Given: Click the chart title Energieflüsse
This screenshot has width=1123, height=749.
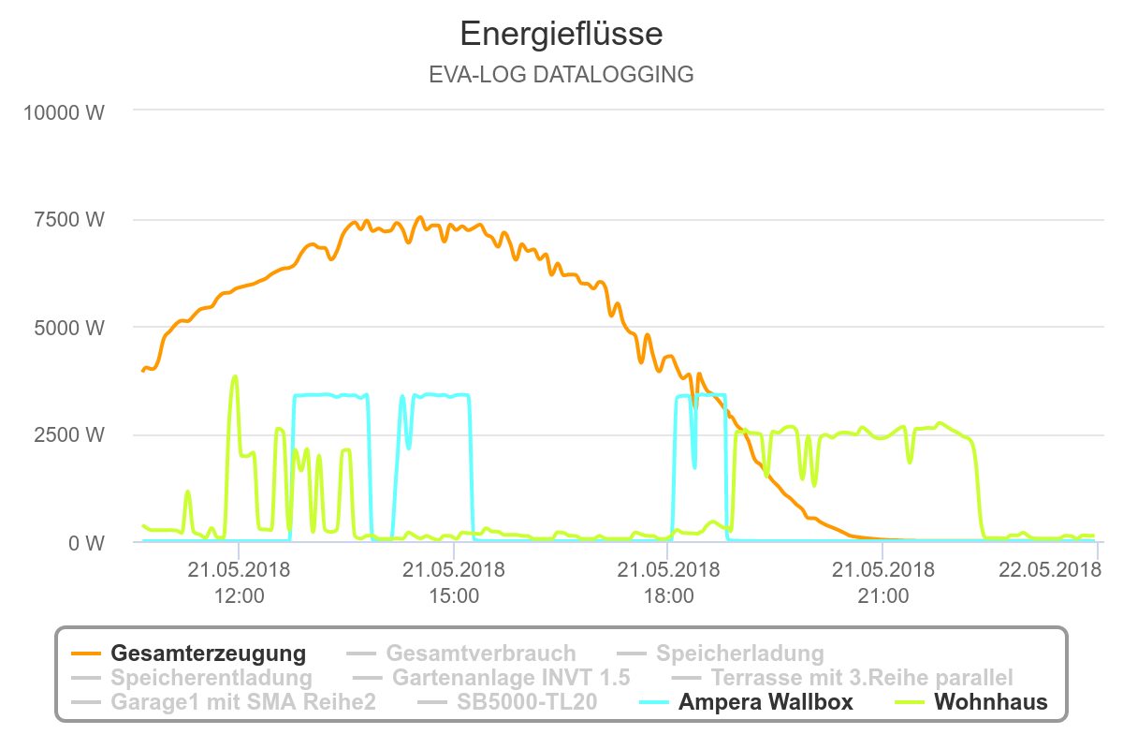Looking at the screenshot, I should click(561, 35).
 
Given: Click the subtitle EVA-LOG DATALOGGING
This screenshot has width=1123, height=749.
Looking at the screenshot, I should click(561, 75).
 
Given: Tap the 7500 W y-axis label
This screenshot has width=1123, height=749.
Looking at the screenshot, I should click(70, 220).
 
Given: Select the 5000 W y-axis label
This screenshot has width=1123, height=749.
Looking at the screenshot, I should click(70, 328).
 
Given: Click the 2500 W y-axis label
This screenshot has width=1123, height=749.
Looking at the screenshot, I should click(70, 435).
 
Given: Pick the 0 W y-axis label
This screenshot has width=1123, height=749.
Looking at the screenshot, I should click(84, 543).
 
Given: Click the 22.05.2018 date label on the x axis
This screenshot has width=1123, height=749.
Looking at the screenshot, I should click(1049, 569).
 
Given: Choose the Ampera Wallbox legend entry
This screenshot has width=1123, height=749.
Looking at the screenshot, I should click(766, 701).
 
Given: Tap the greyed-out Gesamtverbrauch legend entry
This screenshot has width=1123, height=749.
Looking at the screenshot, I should click(480, 653).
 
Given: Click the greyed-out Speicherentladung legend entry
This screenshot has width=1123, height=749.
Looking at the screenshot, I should click(211, 677).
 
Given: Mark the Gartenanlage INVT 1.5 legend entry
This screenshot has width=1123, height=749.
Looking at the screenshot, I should click(511, 677).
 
